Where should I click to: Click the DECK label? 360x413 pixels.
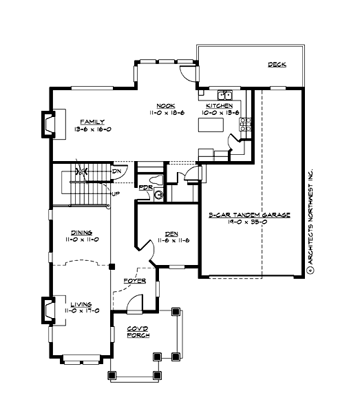pyautogui.click(x=277, y=65)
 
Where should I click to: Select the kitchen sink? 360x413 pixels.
pyautogui.click(x=225, y=95)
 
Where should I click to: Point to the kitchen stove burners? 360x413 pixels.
pyautogui.click(x=244, y=124)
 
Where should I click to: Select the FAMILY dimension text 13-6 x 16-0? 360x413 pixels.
pyautogui.click(x=92, y=129)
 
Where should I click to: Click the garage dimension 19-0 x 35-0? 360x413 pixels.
pyautogui.click(x=249, y=222)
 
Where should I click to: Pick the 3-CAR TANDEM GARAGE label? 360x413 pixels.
pyautogui.click(x=249, y=215)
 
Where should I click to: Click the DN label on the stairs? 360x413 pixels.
pyautogui.click(x=117, y=171)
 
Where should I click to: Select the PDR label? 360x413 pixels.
pyautogui.click(x=145, y=187)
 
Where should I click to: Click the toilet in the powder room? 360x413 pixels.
pyautogui.click(x=158, y=180)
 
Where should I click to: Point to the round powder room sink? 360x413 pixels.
pyautogui.click(x=159, y=195)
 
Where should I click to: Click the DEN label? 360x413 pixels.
pyautogui.click(x=172, y=233)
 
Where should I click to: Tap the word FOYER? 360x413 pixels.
pyautogui.click(x=134, y=281)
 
